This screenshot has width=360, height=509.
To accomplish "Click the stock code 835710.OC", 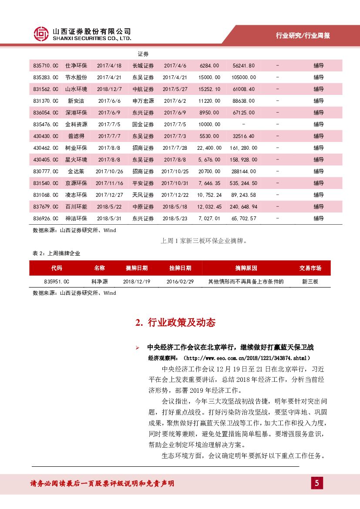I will click(45, 66).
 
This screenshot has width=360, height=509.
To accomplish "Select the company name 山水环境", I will click(76, 89).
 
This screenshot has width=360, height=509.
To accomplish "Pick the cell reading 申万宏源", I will click(143, 101).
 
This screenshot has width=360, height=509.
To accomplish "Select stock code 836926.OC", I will click(45, 219).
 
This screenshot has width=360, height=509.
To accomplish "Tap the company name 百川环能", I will click(76, 207).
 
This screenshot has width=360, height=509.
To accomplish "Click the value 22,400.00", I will click(209, 148).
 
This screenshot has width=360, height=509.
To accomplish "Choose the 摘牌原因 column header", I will click(246, 268).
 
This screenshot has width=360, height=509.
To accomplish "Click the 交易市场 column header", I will click(310, 268).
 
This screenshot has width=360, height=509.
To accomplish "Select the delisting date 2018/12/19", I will click(136, 282).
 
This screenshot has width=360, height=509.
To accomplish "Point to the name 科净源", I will click(99, 282).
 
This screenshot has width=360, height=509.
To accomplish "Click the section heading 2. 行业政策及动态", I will click(175, 323).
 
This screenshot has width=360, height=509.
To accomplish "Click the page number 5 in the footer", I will click(317, 483).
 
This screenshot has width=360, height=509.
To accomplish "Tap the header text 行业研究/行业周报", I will click(303, 36).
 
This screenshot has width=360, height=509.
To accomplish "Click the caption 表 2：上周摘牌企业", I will click(57, 253).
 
